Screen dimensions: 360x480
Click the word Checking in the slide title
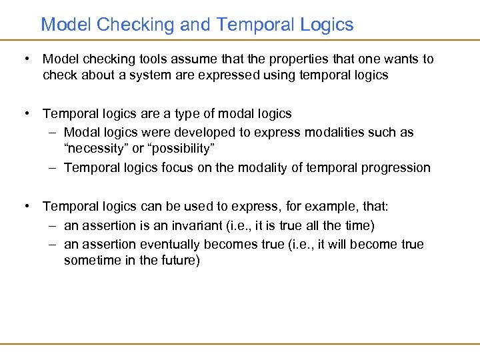point(135,25)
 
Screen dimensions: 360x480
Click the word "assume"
point(190,59)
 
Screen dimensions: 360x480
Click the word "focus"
point(179,167)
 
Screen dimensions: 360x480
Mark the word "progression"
point(397,167)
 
